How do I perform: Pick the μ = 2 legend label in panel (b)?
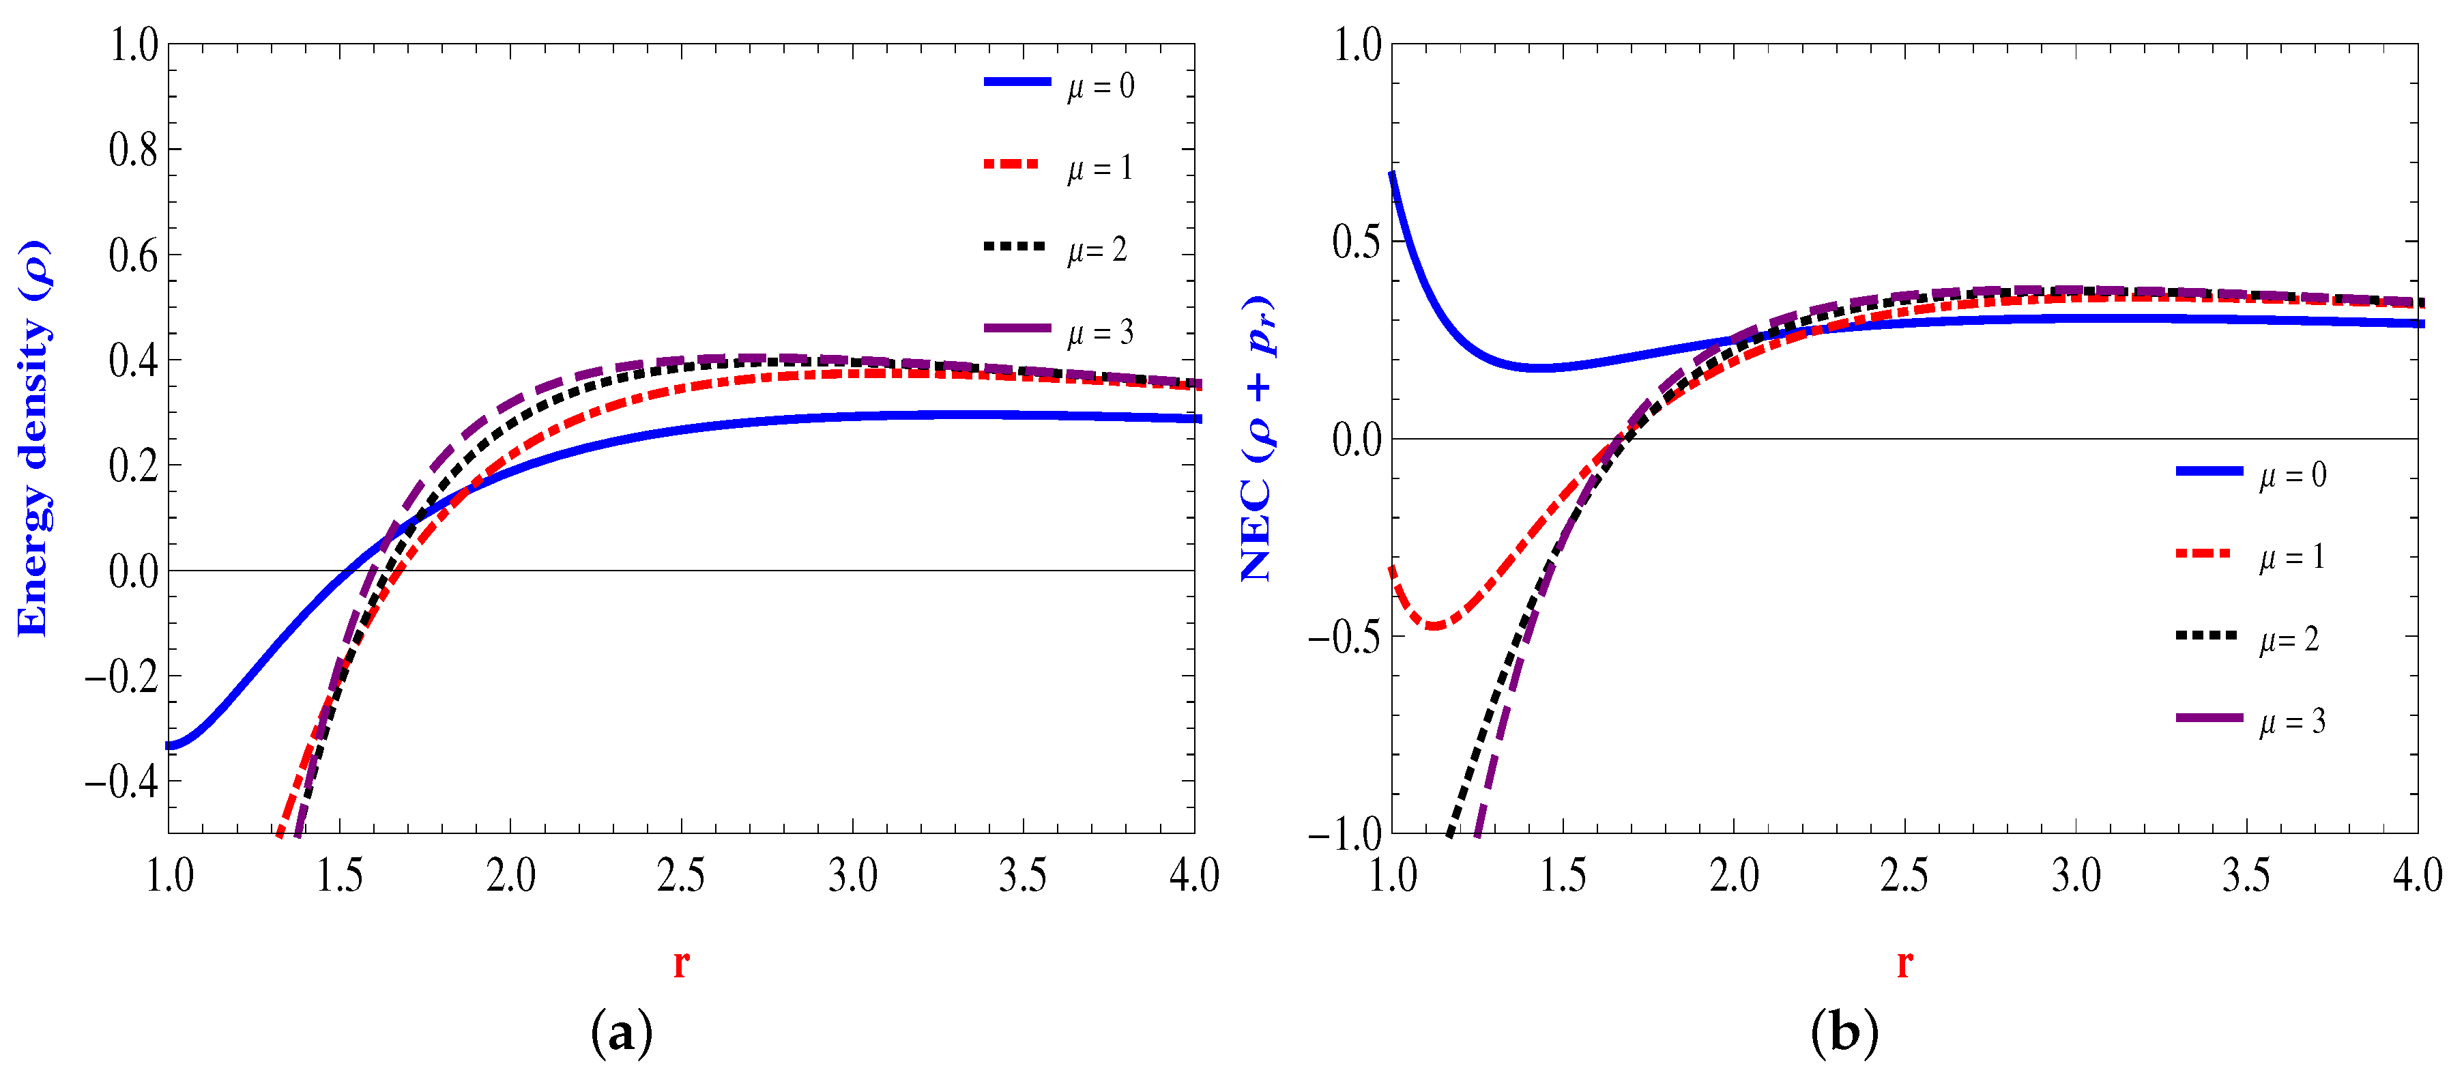tap(2289, 639)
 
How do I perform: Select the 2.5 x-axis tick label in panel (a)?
tap(681, 875)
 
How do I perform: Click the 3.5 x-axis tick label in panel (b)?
tap(2246, 875)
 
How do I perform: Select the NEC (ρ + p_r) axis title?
tap(1257, 438)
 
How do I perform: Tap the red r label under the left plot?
tap(681, 962)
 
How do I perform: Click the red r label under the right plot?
tap(1904, 962)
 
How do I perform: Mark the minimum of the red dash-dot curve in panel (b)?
tap(1434, 627)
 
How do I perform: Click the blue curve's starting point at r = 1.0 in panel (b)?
tap(1393, 173)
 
